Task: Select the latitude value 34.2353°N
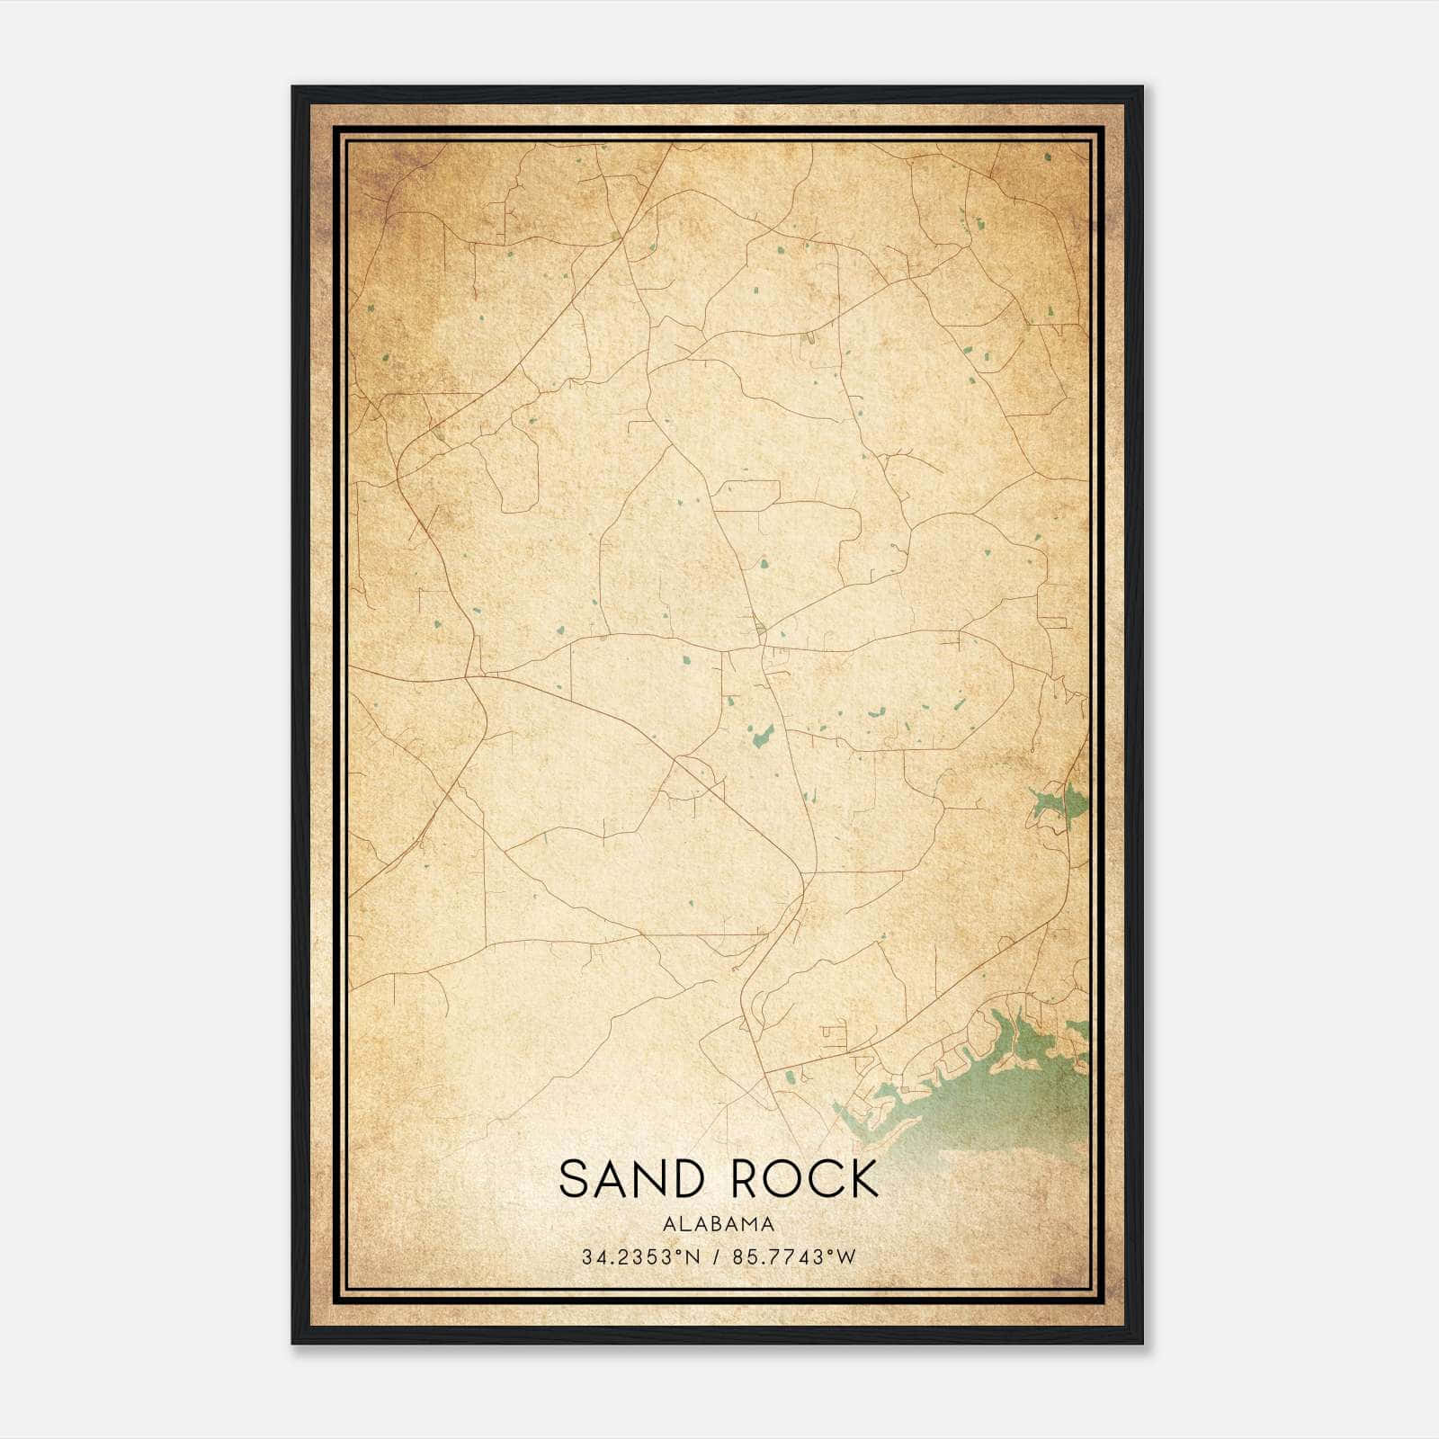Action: coord(639,1257)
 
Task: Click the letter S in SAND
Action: coord(575,1179)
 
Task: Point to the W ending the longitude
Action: coord(846,1257)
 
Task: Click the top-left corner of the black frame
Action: coord(293,88)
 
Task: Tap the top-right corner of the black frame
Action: coord(1141,88)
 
